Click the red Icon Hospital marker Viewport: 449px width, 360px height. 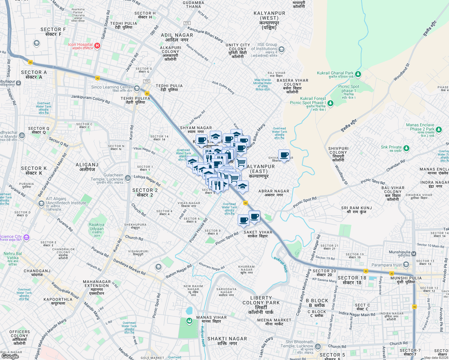97,46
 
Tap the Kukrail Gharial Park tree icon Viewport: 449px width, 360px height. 358,74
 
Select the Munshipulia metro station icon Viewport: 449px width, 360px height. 414,254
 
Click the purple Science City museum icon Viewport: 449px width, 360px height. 26,238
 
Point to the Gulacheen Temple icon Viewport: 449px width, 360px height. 128,178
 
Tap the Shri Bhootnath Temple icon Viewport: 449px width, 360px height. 318,347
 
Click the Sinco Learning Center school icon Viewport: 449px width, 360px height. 137,88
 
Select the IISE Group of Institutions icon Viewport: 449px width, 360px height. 281,49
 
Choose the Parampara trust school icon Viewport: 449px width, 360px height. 406,264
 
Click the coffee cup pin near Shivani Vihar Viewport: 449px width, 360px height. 284,155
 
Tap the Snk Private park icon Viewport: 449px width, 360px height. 406,148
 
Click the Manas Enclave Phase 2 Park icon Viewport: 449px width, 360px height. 439,130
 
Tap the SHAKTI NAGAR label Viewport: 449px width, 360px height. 227,341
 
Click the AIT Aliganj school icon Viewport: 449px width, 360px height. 41,204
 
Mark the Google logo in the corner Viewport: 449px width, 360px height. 10,356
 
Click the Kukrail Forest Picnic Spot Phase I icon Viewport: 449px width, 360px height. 330,103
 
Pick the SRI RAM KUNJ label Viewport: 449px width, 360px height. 357,210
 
